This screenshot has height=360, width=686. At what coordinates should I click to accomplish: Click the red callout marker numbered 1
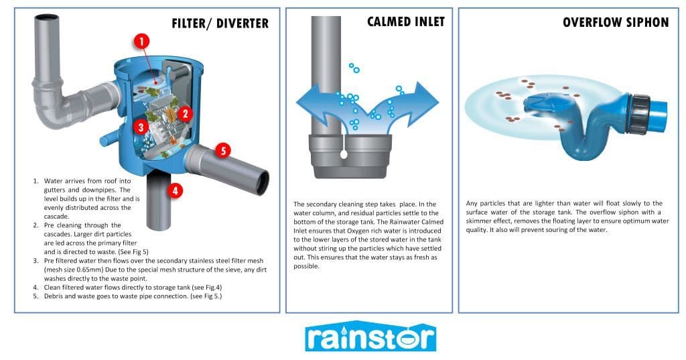click(x=141, y=42)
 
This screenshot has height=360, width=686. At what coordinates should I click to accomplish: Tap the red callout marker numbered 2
click(x=185, y=114)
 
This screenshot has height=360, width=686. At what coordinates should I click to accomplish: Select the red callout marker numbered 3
click(x=141, y=127)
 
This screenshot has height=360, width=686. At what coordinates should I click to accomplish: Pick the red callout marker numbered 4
click(x=175, y=190)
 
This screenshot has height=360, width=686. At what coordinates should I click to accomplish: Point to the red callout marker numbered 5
click(x=223, y=151)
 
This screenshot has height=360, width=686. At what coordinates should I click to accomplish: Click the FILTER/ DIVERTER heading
click(x=220, y=23)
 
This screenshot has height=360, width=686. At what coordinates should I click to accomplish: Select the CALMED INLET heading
click(x=406, y=22)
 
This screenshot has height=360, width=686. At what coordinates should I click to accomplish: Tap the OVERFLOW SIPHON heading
click(x=616, y=22)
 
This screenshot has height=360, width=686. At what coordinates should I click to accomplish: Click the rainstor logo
click(x=370, y=337)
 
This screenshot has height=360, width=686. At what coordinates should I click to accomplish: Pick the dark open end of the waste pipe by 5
click(x=263, y=183)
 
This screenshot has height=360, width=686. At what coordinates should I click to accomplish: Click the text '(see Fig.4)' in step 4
click(x=207, y=288)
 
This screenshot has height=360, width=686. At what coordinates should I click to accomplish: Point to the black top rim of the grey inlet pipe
click(x=46, y=17)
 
